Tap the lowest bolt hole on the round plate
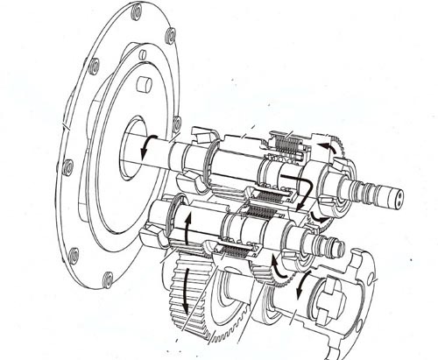click(107, 279)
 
